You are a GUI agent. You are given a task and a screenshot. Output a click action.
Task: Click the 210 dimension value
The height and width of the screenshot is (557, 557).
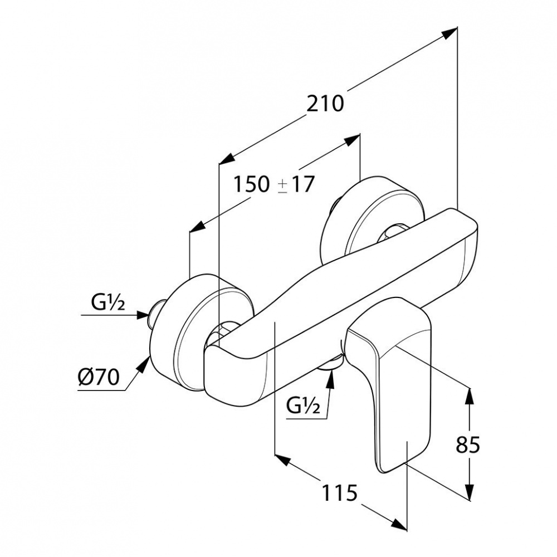pyautogui.click(x=326, y=104)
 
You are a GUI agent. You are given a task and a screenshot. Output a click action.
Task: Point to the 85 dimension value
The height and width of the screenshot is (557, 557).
pyautogui.click(x=468, y=445)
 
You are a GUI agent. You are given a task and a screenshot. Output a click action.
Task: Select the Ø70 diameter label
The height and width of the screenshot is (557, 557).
pyautogui.click(x=98, y=379)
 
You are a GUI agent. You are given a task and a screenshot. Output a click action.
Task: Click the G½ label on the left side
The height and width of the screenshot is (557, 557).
pyautogui.click(x=108, y=304)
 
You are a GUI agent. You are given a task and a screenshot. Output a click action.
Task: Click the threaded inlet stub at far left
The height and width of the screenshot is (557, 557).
pyautogui.click(x=154, y=314)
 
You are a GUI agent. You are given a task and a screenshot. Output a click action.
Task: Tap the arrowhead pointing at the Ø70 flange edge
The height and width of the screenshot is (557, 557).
pyautogui.click(x=145, y=364)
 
